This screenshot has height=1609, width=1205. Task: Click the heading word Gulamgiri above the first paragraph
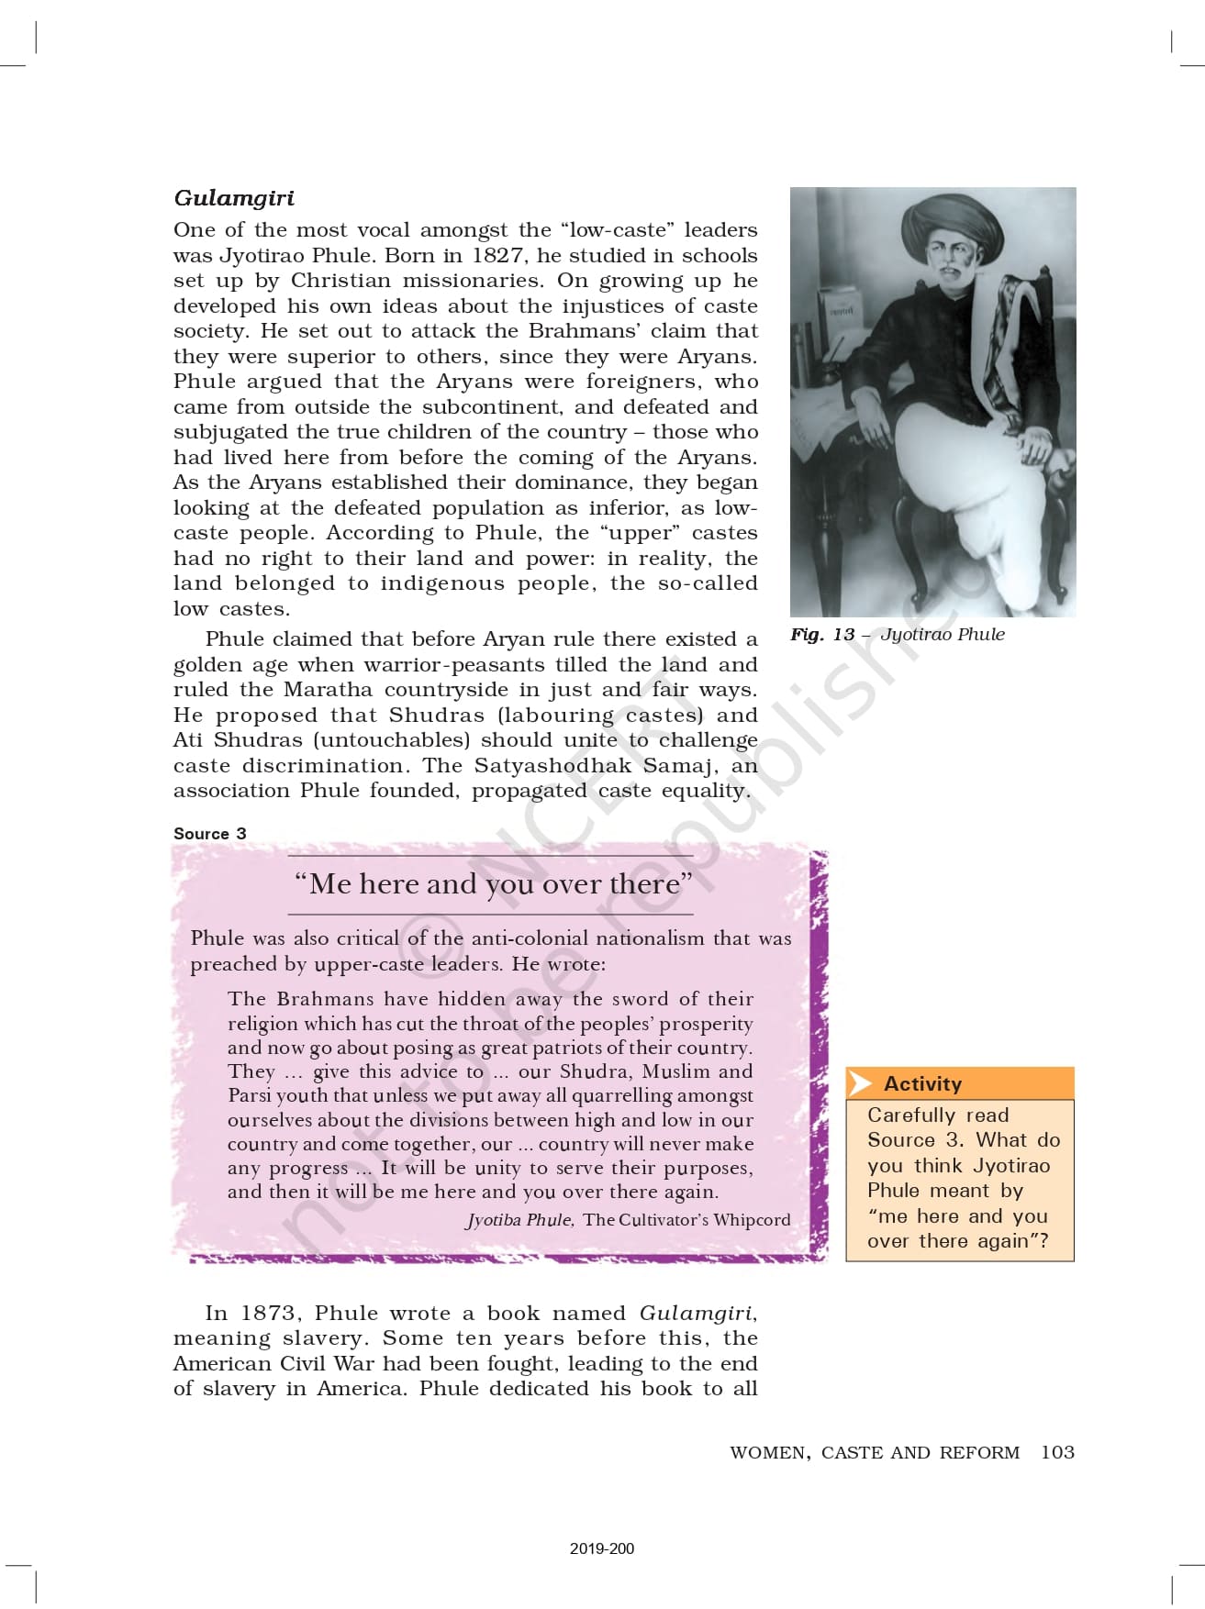click(234, 198)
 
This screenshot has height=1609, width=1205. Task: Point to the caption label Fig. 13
click(822, 634)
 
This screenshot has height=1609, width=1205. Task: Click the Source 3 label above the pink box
click(210, 833)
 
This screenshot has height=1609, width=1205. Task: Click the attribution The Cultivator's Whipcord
click(686, 1219)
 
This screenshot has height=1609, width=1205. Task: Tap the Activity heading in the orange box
click(922, 1083)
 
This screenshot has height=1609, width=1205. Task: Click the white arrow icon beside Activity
click(860, 1083)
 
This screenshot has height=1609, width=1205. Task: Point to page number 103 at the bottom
click(1057, 1452)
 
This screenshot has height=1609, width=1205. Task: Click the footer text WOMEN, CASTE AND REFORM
click(875, 1452)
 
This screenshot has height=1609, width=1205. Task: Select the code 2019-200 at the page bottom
click(602, 1548)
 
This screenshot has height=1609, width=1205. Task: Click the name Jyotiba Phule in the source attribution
click(519, 1219)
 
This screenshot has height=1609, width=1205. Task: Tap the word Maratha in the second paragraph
click(328, 689)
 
